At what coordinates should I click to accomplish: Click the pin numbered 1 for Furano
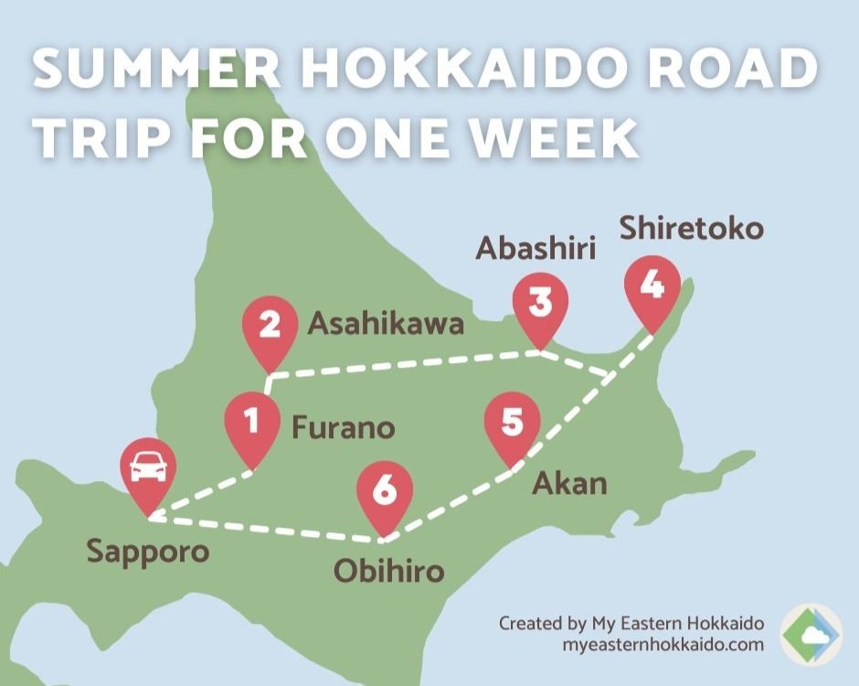pyautogui.click(x=253, y=422)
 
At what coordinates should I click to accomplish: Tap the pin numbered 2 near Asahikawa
pyautogui.click(x=270, y=327)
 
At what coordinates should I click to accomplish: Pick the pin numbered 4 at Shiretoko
pyautogui.click(x=652, y=286)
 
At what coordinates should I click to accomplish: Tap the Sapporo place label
pyautogui.click(x=148, y=552)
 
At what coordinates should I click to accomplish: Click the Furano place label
pyautogui.click(x=343, y=427)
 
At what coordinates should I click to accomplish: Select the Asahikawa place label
pyautogui.click(x=386, y=324)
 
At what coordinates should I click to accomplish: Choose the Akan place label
pyautogui.click(x=569, y=482)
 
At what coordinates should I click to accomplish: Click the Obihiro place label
pyautogui.click(x=387, y=573)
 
